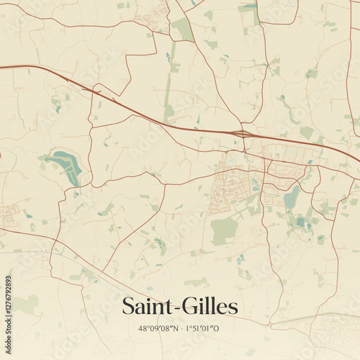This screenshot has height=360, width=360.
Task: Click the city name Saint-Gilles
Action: pyautogui.click(x=180, y=306)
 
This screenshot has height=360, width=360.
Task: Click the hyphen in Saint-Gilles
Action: pyautogui.click(x=180, y=308)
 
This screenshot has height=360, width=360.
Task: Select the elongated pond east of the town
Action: pyautogui.click(x=292, y=197)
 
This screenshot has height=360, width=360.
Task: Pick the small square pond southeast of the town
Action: pyautogui.click(x=300, y=222)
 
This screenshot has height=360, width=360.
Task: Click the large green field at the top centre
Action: pyautogui.click(x=183, y=29)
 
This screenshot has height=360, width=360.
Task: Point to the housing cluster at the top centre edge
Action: pyautogui.click(x=153, y=18)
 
